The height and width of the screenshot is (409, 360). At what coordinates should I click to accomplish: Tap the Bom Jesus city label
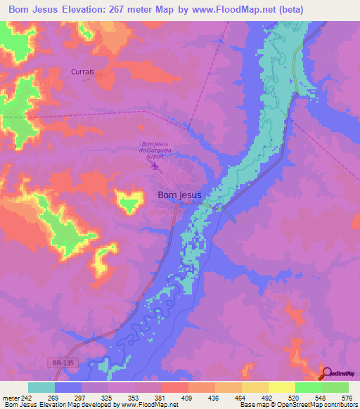[179, 195]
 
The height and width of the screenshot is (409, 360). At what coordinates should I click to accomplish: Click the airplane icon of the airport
[156, 167]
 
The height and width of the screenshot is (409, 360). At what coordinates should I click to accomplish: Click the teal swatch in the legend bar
[41, 387]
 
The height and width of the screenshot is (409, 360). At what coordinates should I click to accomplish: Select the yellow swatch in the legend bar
[281, 387]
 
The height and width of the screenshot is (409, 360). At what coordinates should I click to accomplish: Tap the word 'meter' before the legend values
[12, 397]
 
